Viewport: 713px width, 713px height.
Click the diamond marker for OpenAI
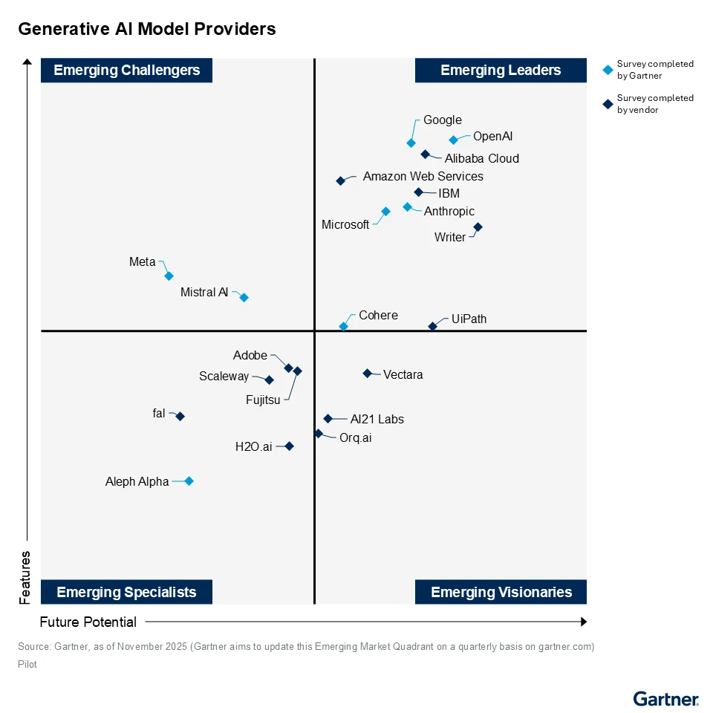[x=453, y=140]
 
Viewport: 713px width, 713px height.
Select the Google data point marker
[x=411, y=143]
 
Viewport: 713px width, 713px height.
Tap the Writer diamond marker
[x=478, y=227]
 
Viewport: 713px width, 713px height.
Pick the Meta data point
[x=169, y=276]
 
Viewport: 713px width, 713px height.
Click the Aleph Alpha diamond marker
[x=189, y=481]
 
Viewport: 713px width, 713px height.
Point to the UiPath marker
[x=432, y=326]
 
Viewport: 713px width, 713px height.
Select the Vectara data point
[x=367, y=373]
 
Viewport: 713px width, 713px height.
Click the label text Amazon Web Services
[x=423, y=177]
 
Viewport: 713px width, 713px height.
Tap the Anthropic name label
[x=449, y=212]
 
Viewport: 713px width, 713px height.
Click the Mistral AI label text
[x=204, y=293]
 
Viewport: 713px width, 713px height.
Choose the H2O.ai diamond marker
[x=289, y=446]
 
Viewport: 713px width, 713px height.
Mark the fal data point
[x=180, y=417]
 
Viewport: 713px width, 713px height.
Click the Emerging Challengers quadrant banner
[x=127, y=71]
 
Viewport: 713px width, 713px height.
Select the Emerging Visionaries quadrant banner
[x=501, y=592]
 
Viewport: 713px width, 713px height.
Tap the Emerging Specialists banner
[x=126, y=592]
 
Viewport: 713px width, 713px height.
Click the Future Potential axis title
[x=88, y=622]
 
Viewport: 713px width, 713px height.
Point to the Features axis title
[x=25, y=576]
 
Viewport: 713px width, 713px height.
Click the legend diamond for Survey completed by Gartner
[x=608, y=70]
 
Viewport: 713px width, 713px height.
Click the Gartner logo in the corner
[x=665, y=699]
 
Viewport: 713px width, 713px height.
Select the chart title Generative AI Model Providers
[x=147, y=29]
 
